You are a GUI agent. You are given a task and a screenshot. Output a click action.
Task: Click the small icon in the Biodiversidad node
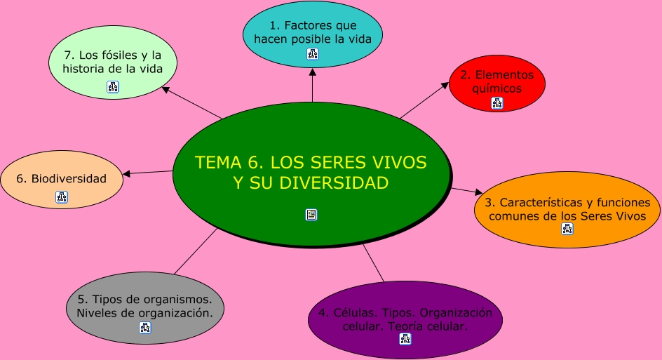[62, 197]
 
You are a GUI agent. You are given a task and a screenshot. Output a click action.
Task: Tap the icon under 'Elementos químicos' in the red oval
[497, 103]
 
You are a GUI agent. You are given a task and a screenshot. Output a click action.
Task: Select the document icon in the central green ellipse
[311, 215]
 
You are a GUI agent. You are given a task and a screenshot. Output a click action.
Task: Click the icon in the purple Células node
[405, 339]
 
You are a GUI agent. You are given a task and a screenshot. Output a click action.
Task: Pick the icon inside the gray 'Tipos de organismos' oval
[144, 327]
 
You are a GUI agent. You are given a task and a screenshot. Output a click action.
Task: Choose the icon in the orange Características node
[567, 229]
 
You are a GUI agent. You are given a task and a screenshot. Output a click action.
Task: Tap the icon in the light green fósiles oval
[113, 87]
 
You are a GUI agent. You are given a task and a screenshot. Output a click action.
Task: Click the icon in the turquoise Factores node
[313, 54]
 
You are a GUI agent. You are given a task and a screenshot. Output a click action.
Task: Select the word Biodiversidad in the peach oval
[69, 179]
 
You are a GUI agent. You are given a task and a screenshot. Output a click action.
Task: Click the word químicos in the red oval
[497, 89]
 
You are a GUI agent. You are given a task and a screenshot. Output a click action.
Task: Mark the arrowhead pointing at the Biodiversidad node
[127, 174]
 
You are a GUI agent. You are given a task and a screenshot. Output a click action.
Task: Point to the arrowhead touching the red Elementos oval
[445, 85]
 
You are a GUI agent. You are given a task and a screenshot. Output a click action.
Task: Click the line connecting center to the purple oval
[374, 262]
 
